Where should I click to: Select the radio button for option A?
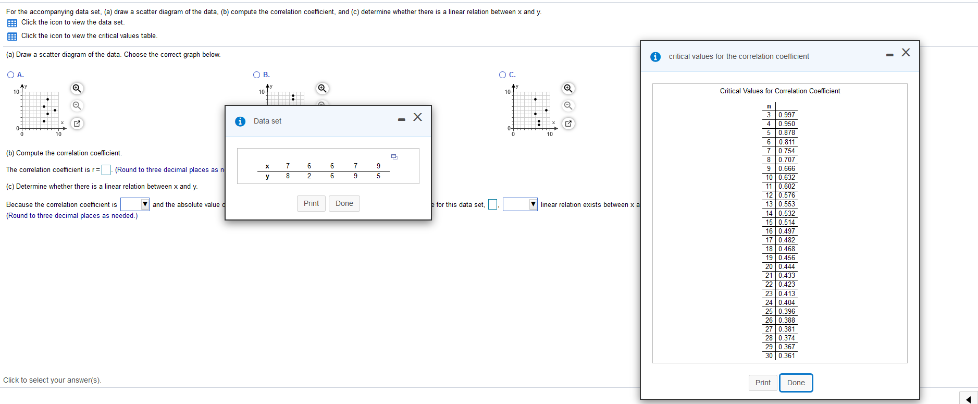click(11, 75)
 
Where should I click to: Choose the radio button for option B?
click(257, 75)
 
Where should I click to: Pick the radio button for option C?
click(503, 75)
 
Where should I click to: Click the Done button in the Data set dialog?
click(344, 203)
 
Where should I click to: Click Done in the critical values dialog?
click(796, 383)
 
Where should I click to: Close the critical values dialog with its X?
click(906, 53)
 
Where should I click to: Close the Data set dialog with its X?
click(417, 117)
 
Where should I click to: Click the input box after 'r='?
click(106, 170)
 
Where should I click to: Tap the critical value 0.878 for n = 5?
click(787, 133)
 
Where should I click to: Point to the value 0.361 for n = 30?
click(787, 356)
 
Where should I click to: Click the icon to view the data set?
click(12, 23)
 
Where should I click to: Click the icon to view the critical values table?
click(12, 36)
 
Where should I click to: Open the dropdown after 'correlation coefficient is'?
click(145, 204)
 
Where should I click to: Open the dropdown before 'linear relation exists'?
click(533, 204)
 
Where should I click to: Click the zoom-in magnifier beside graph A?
click(77, 88)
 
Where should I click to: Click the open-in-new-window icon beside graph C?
click(568, 124)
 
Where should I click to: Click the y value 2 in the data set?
click(309, 176)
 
